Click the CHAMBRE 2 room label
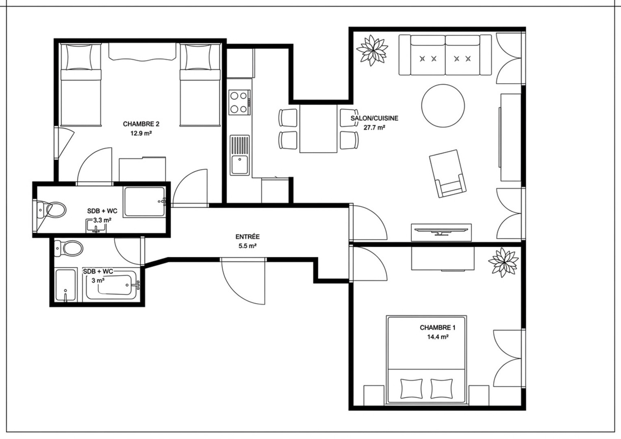141,124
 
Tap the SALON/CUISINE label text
374,118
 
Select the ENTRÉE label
248,237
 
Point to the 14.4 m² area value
438,337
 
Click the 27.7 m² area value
374,128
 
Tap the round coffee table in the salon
443,106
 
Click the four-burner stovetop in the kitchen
239,102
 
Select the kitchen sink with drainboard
239,155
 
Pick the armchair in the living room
447,174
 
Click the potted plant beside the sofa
372,50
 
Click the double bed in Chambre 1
426,359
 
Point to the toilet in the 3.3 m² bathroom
52,210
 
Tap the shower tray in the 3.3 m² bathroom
145,202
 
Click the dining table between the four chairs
319,128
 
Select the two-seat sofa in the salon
445,55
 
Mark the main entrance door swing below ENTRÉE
243,281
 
